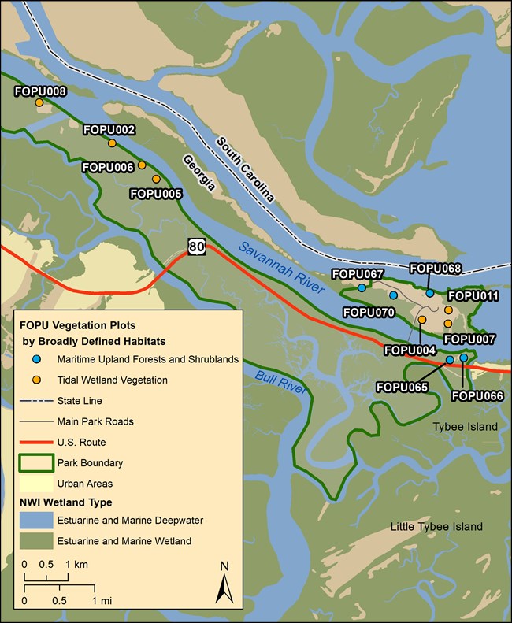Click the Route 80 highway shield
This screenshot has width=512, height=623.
coord(196,247)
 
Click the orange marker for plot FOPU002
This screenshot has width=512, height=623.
coord(112,143)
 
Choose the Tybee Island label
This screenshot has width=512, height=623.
coord(466,427)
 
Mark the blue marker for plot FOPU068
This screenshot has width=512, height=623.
coord(430,293)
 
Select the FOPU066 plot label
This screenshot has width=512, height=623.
coord(477,395)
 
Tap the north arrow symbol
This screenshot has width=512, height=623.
coord(224,584)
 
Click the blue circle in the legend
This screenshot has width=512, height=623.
coord(36,359)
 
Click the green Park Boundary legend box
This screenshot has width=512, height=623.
coord(36,463)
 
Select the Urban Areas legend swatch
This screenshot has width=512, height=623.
coord(36,484)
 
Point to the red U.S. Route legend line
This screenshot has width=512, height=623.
coord(36,443)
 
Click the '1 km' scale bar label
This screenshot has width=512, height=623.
coord(76,565)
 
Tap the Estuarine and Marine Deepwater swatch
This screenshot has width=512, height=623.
coord(36,521)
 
